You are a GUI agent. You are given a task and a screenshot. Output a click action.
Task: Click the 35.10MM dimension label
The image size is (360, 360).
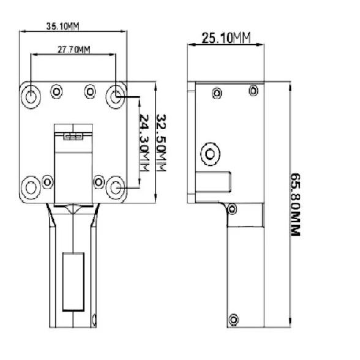point(62,26)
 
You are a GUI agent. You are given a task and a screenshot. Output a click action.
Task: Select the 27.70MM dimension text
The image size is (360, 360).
point(73,50)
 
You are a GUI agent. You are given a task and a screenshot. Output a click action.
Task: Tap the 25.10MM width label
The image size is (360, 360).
point(226,38)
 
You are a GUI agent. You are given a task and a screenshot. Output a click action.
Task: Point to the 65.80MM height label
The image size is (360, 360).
point(296,204)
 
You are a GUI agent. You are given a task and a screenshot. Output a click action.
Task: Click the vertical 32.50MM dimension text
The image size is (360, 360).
point(162,143)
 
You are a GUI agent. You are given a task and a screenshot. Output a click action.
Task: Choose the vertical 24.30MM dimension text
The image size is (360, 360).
point(144,143)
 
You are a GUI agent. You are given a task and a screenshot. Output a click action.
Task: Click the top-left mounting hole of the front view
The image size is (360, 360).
point(31,97)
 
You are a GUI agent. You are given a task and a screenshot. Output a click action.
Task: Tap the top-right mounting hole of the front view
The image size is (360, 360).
point(116,97)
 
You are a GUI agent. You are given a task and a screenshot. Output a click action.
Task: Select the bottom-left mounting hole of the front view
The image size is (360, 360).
point(31,188)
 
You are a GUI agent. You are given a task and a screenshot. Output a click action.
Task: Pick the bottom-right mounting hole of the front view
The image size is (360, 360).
point(116,188)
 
